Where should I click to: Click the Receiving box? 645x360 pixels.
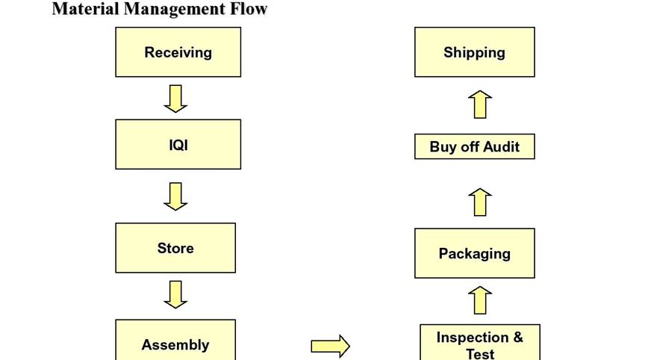coord(178,52)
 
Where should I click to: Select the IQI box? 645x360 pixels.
coord(178,144)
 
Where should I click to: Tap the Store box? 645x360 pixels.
coord(175,248)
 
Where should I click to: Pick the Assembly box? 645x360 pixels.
coord(175,342)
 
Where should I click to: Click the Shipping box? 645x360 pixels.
coord(474,52)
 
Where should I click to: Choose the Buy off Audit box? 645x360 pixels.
coord(474,146)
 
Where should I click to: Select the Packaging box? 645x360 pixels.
coord(474,253)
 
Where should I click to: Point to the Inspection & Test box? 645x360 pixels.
coord(479,343)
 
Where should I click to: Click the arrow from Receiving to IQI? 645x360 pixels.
coord(175,98)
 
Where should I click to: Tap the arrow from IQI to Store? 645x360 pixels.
coord(175,196)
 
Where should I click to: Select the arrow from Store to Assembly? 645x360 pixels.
coord(175,294)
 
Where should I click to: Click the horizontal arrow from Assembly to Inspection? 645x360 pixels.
coord(330,346)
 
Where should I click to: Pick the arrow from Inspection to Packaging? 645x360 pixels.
coord(481,300)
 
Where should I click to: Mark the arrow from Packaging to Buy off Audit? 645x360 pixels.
coord(481,202)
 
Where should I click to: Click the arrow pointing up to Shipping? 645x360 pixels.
coord(481,104)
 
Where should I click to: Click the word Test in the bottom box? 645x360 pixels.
coord(480,353)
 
